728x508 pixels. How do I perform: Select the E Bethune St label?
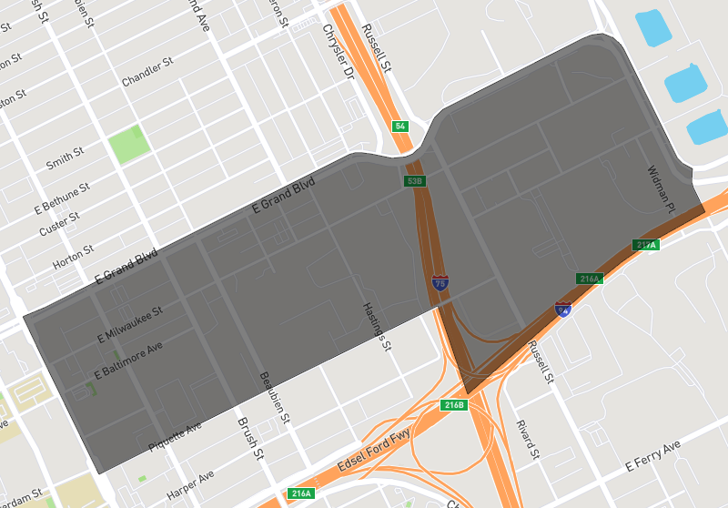pos(62,197)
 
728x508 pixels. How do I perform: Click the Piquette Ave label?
pos(175,439)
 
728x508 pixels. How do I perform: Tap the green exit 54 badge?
pos(399,126)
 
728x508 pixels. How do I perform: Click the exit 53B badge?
pos(414,181)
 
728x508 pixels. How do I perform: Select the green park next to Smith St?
pos(128,144)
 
